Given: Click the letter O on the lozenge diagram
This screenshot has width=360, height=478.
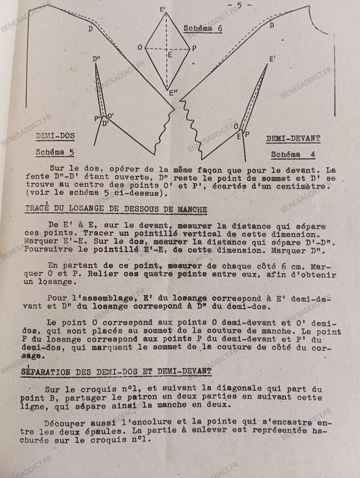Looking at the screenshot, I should [140, 47].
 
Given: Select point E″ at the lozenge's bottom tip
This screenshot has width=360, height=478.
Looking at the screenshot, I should [173, 93].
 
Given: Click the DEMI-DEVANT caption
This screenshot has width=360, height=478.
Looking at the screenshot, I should [293, 138].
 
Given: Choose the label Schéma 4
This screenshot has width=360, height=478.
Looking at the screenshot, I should [293, 155].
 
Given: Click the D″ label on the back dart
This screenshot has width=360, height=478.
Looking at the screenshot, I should [96, 59].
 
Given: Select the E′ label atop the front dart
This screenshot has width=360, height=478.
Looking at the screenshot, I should [273, 59].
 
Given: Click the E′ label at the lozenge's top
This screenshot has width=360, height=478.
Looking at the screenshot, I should [163, 9].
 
